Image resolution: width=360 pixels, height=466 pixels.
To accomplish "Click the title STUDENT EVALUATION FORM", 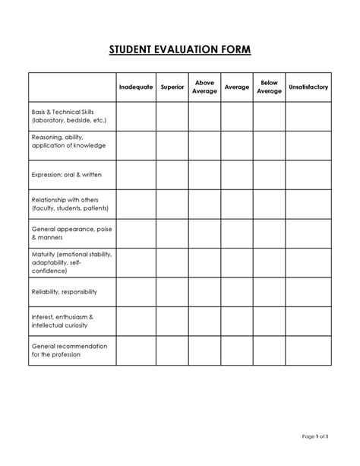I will point(180,51).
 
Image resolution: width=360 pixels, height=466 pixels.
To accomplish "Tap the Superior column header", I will point(172,87).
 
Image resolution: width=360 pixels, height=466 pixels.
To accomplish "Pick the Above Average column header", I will point(204,87).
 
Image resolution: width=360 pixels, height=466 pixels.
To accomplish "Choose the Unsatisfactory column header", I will point(308,87).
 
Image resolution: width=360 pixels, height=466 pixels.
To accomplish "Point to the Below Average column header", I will point(269,87).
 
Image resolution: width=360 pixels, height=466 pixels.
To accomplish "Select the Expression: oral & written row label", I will point(67,174).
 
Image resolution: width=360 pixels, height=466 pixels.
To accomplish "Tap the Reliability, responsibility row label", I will point(64,291).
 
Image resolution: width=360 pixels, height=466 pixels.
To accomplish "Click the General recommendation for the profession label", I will point(69,350).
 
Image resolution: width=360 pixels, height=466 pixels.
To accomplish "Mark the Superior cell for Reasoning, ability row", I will point(172,144).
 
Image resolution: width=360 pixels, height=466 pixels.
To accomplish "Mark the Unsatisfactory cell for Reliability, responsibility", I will point(308,291).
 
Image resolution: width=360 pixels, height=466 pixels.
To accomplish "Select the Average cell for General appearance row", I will point(237,233).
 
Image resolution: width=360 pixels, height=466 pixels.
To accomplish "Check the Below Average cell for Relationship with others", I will point(269,203).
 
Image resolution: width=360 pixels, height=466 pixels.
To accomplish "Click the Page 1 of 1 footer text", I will point(314,437).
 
